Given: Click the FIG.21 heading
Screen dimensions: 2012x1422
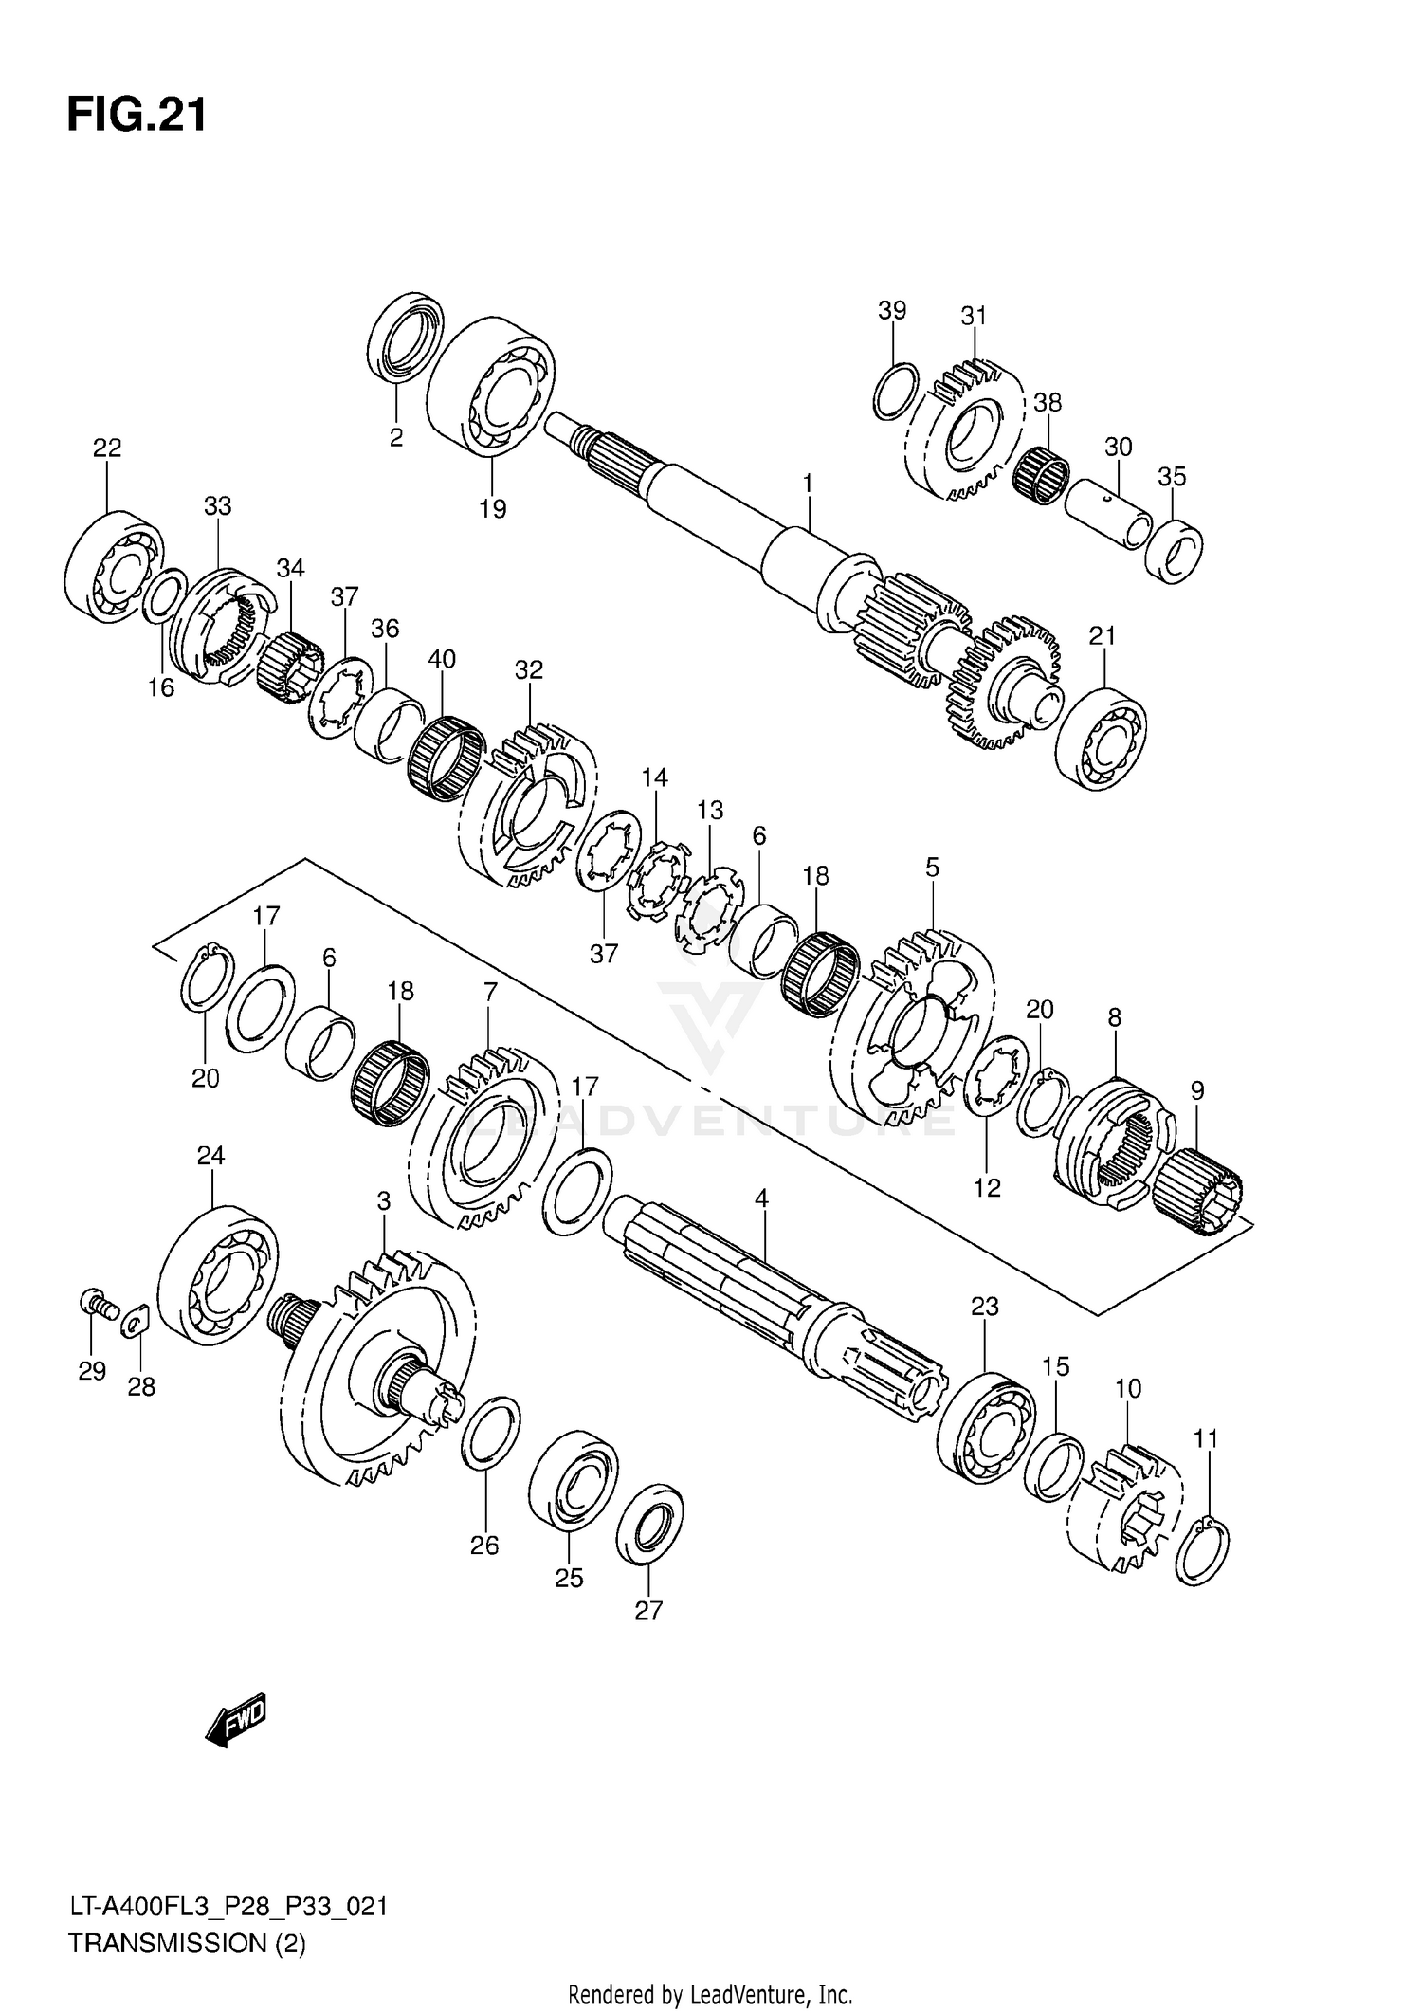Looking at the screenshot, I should pos(137,116).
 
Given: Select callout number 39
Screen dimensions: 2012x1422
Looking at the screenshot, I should pos(891,311).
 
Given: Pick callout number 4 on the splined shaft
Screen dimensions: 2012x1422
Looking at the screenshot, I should pos(761,1198).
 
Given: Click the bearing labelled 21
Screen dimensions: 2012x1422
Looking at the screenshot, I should pos(1101,733).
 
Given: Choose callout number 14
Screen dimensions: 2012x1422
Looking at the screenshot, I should pos(654,778).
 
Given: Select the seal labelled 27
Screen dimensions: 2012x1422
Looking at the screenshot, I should pos(649,1526).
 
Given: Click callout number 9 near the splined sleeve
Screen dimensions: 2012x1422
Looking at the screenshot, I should pos(1197,1090).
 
